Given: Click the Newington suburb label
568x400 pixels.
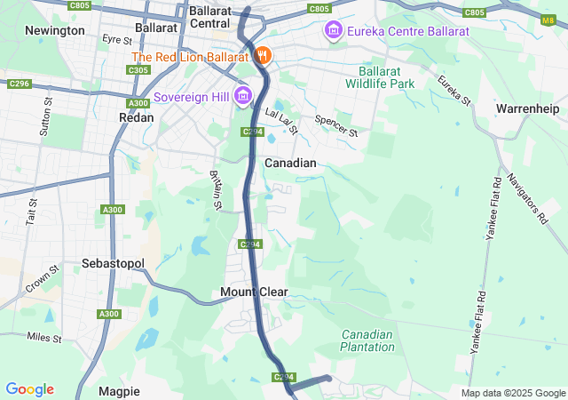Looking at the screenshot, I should (x=55, y=30).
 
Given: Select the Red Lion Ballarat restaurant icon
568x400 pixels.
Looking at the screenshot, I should (x=263, y=56).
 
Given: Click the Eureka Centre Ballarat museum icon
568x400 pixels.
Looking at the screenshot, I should (x=333, y=32).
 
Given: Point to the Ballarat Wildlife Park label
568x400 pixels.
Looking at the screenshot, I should (x=386, y=77).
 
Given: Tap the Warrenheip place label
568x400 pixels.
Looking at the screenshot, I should (x=527, y=108).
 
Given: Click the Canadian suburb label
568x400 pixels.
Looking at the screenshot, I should (x=290, y=163).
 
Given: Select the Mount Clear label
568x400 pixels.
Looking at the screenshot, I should (x=254, y=292).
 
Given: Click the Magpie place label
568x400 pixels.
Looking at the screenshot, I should (x=119, y=391).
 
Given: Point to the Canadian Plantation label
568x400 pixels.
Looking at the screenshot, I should (x=367, y=340).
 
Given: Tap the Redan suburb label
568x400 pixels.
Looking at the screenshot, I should (x=136, y=116).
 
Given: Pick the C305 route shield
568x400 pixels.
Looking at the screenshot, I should (x=138, y=69).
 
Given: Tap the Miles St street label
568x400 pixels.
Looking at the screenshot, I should (x=44, y=337).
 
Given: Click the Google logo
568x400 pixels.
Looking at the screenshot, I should (x=30, y=389).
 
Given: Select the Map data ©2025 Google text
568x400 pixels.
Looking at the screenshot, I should (x=512, y=393).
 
